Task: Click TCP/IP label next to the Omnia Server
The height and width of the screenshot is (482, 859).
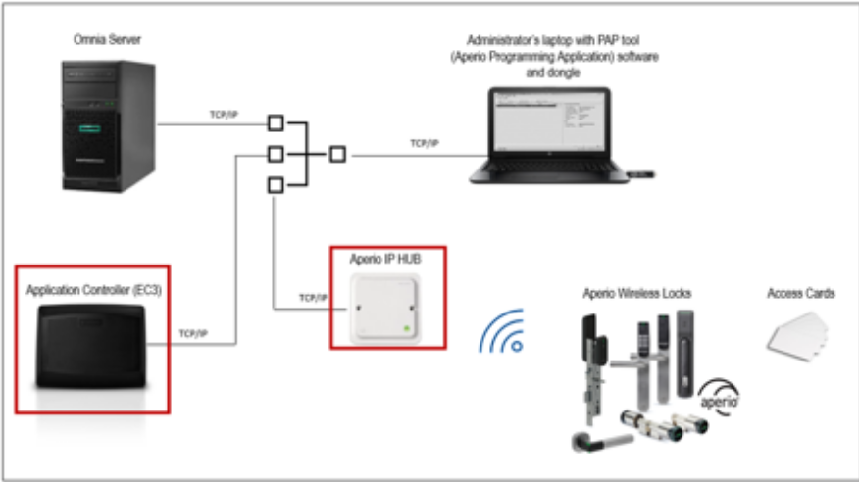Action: [224, 115]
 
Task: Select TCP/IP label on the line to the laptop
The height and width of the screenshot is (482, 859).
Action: [424, 143]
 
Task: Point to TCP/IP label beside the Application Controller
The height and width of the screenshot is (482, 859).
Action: [194, 333]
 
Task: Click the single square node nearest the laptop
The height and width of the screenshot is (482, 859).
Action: [337, 154]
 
